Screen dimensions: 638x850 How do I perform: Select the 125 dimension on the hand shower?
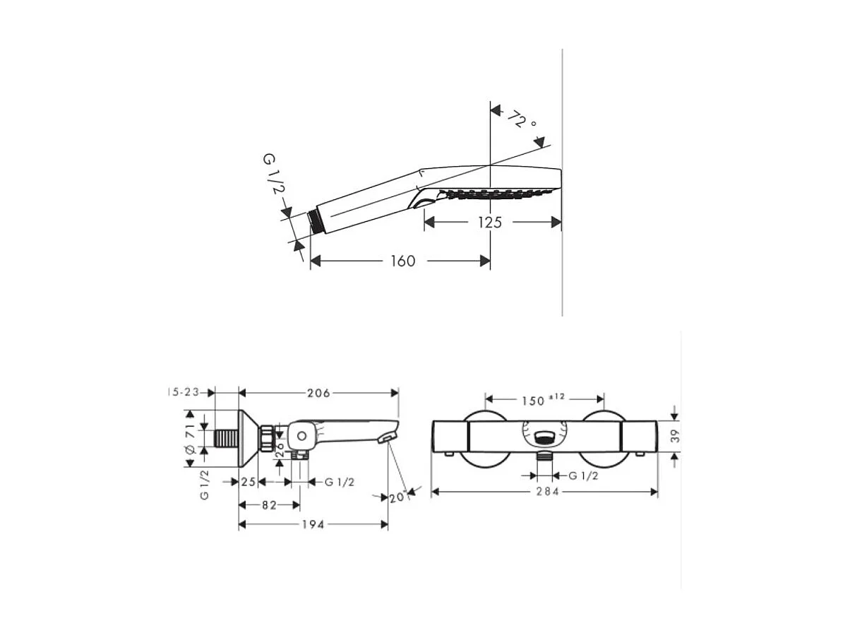tap(489, 223)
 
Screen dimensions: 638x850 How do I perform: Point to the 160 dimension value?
tap(402, 261)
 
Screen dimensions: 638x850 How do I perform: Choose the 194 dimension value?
tap(313, 524)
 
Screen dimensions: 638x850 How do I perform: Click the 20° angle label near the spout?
tap(397, 497)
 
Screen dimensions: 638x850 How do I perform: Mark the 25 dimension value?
tap(248, 482)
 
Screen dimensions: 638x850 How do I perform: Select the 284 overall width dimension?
tap(544, 492)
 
